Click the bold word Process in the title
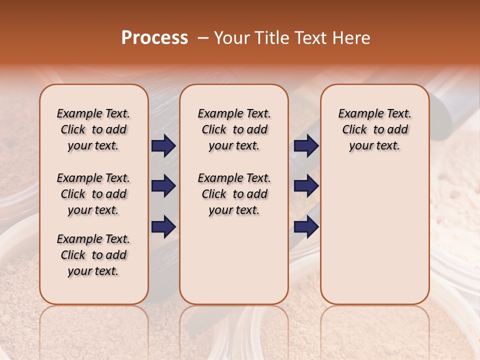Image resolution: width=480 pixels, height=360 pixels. coord(154,38)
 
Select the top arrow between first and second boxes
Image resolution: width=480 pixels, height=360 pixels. coord(163,146)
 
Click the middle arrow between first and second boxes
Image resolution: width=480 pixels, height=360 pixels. coord(163,186)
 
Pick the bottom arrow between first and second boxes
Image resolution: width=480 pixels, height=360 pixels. coord(163,226)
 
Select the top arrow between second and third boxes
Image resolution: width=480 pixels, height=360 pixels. coord(306,146)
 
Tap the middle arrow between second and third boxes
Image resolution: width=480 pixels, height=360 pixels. coord(306,186)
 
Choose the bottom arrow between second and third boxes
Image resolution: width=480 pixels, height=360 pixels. coord(306,226)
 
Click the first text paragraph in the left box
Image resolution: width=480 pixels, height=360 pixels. coord(93,130)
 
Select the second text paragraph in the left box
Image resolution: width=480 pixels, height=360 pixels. coord(93,194)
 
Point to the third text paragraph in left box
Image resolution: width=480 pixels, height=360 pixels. coord(93,255)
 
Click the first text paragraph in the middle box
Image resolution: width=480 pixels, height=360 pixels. coord(234,130)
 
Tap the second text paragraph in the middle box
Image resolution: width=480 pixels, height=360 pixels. coord(234,194)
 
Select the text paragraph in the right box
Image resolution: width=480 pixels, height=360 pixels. coord(375,130)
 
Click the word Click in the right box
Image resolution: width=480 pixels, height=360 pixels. coord(354,130)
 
